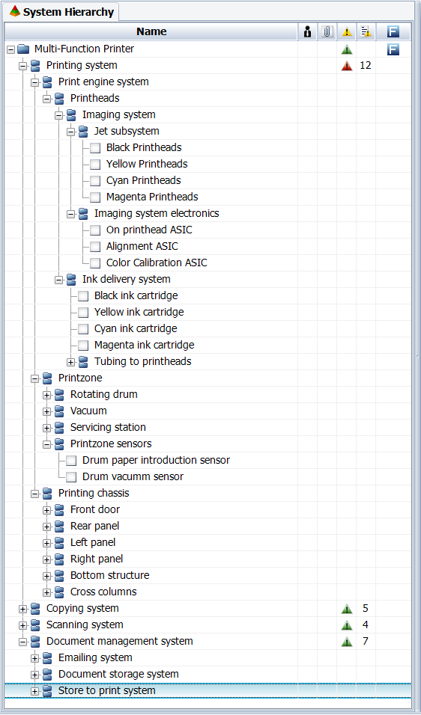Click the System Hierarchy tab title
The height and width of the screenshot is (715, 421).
(x=68, y=12)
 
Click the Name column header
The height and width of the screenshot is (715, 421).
(x=151, y=31)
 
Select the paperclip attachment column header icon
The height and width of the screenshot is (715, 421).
(x=327, y=31)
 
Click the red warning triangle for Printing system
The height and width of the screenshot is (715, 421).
(x=347, y=66)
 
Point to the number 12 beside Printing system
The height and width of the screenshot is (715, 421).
(x=366, y=65)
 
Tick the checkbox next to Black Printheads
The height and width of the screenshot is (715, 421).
(x=95, y=148)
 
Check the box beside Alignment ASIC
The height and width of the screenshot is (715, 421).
(x=95, y=247)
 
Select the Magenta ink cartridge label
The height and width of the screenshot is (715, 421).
(x=145, y=346)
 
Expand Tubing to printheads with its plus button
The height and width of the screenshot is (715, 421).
(x=70, y=362)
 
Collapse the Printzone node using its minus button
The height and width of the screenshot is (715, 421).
(x=35, y=378)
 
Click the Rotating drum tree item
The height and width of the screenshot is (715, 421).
(x=103, y=394)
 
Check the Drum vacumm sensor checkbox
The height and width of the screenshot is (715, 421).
(x=71, y=477)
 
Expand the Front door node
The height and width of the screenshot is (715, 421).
(x=47, y=510)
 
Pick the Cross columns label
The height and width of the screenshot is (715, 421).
(x=103, y=592)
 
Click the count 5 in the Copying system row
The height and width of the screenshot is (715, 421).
(x=366, y=608)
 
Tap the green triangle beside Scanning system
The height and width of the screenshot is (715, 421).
(x=347, y=625)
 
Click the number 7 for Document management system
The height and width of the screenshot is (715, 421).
(x=366, y=641)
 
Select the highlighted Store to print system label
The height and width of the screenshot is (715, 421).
(x=107, y=690)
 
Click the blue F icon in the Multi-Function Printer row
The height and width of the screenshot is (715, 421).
(x=393, y=49)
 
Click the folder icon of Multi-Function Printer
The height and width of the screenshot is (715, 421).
(x=24, y=49)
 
